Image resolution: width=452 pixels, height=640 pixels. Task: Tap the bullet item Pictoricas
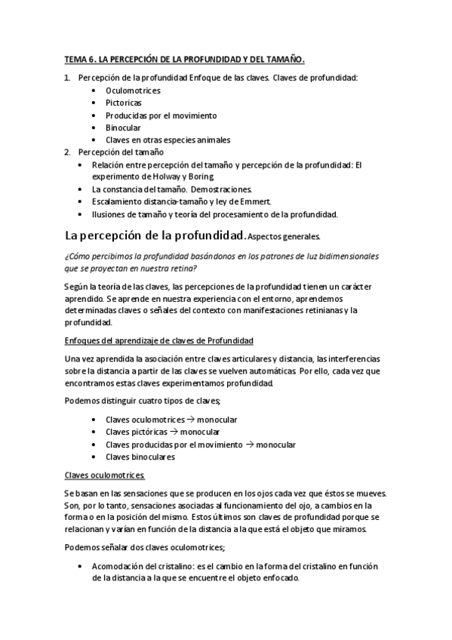(x=124, y=103)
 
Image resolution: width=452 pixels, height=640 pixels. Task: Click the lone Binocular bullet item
(x=124, y=128)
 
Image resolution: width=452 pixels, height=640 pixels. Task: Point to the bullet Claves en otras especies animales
(x=168, y=140)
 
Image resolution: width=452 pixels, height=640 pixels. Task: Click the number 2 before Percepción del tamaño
(x=66, y=152)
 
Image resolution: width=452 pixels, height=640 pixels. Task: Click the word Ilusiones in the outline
(x=110, y=214)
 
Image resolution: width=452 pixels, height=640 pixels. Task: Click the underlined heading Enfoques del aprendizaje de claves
(x=159, y=341)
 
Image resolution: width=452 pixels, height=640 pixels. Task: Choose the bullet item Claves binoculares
(x=140, y=456)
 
